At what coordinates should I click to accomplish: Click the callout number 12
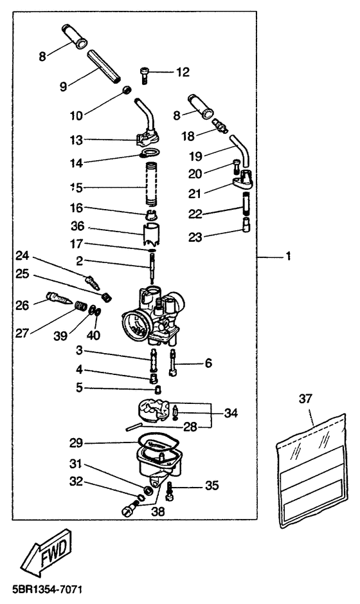[183, 72]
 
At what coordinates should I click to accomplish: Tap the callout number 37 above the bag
[305, 399]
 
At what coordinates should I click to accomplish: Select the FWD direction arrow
[46, 553]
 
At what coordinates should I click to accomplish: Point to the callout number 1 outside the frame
[287, 256]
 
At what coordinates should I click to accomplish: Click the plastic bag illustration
[312, 470]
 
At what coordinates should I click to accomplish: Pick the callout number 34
[231, 414]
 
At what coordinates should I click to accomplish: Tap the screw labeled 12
[143, 75]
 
